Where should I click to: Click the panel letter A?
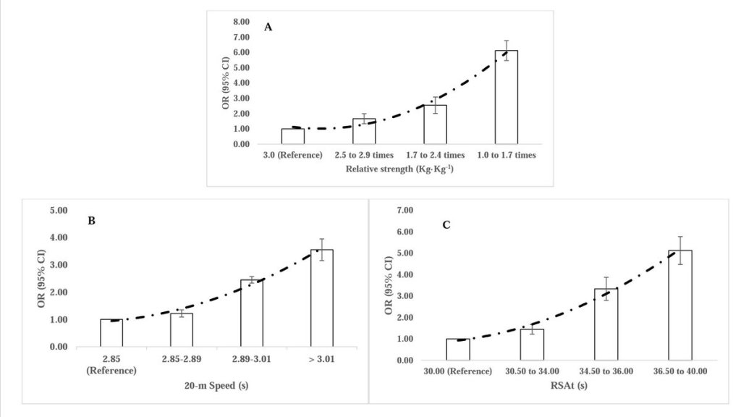tap(268, 28)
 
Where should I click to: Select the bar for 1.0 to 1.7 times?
tap(506, 97)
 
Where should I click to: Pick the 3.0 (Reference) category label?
tap(292, 155)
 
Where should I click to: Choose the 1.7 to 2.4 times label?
tap(435, 155)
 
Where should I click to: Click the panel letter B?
tap(92, 220)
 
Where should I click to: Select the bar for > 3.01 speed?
tap(321, 298)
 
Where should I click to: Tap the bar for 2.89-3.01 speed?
tap(252, 313)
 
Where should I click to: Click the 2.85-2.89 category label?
tap(182, 358)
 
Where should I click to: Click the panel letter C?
tap(446, 225)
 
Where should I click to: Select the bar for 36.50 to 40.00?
tap(680, 305)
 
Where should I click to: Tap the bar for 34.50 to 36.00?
tap(606, 324)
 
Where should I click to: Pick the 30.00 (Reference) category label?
tap(458, 371)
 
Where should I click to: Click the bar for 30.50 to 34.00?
tap(532, 345)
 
